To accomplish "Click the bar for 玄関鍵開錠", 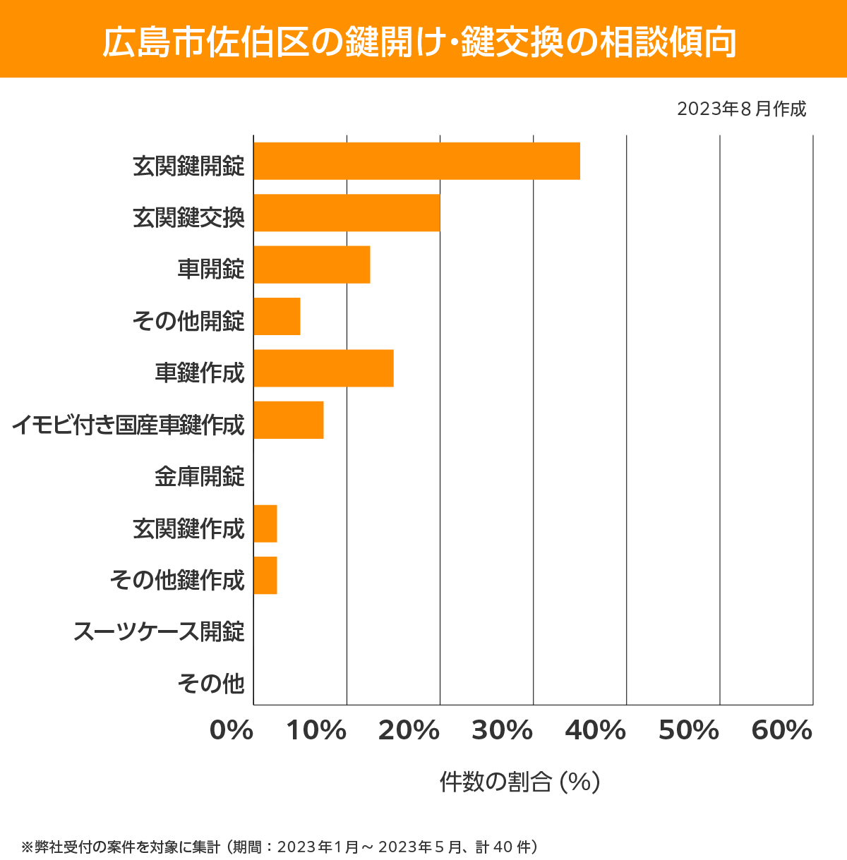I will click(416, 161).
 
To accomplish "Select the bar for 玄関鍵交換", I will click(347, 212).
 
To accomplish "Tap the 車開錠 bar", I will click(311, 265).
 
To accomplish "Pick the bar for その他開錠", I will click(277, 316).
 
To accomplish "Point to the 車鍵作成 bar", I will click(323, 368).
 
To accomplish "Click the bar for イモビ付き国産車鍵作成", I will click(288, 420).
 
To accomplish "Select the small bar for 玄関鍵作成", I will click(265, 523).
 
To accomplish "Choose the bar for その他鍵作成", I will click(265, 575).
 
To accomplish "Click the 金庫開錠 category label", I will click(199, 477).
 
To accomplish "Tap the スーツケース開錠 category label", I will click(159, 631).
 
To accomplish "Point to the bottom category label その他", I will click(211, 683).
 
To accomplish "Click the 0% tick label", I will click(232, 731).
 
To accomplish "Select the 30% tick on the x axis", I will click(502, 731).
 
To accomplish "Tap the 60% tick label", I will click(782, 731).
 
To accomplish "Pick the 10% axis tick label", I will click(316, 731).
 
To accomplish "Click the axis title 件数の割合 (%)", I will click(519, 782).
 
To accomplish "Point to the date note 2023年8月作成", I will click(741, 109).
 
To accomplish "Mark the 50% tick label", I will click(688, 731).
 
